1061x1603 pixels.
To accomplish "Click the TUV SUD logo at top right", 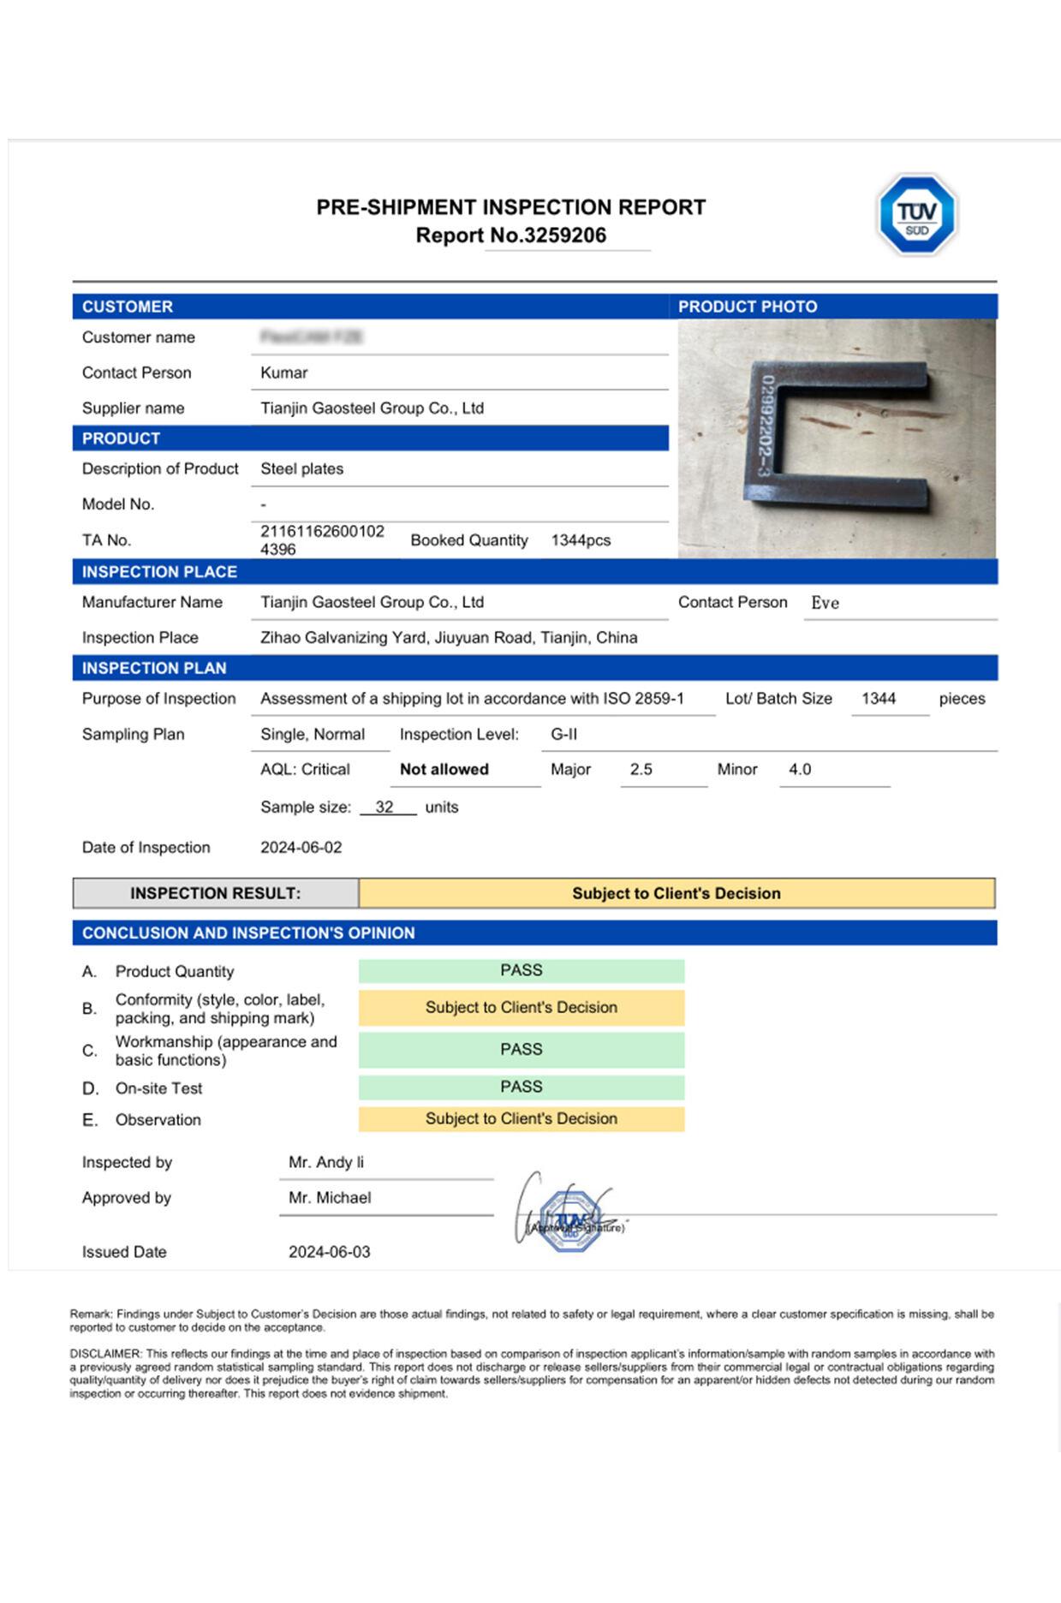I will tap(916, 215).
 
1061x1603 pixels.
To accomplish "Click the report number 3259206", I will tap(564, 235).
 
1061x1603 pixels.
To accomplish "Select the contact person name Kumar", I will tap(283, 372).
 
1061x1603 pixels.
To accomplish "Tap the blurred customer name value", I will tap(311, 337).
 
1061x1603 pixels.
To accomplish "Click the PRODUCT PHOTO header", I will tap(747, 307).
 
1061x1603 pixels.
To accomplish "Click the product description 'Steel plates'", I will tap(301, 468).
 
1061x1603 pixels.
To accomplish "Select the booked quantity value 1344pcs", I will tap(581, 540).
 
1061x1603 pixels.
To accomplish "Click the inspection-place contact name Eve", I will tap(825, 603).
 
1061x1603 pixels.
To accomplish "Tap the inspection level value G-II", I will tap(563, 734).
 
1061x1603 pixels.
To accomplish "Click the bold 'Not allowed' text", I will tap(444, 769).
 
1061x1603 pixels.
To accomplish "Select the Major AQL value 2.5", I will tap(641, 769).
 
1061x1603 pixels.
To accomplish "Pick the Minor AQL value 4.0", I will tap(799, 769).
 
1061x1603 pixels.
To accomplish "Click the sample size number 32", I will tap(384, 807).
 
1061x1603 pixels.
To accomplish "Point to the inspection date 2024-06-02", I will tap(301, 847).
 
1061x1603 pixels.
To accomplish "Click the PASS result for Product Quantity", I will tap(521, 970).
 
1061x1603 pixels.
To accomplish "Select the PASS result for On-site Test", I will tap(521, 1087).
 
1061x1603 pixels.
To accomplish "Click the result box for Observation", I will tap(521, 1118).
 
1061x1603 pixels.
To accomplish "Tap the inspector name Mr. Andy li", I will tap(325, 1162).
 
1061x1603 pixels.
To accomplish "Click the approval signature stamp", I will tap(570, 1219).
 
